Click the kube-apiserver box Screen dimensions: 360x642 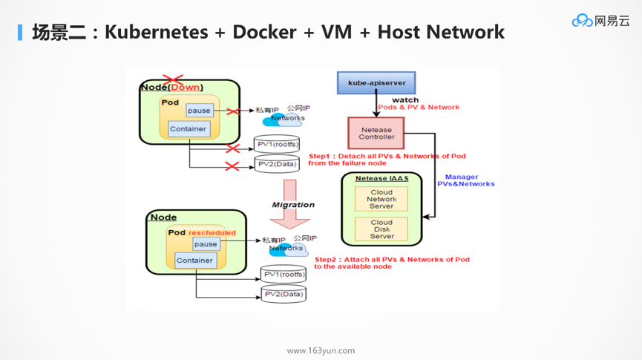376,82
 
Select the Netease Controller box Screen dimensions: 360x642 376,134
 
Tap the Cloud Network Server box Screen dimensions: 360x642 381,199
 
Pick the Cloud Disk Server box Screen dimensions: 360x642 381,229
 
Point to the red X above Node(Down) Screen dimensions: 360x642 173,79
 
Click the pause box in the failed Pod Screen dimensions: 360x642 199,111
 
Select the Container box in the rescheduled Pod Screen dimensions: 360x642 195,261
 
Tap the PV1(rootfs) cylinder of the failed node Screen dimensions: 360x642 277,144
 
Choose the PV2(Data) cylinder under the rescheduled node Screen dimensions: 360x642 283,294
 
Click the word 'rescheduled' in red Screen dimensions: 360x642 212,232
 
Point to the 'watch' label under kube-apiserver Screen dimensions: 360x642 405,99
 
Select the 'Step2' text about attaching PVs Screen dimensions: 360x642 391,263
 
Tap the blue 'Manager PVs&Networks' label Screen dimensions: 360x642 465,180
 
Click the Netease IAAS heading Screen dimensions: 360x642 381,178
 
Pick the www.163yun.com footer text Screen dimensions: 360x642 321,350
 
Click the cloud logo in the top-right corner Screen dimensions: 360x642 582,21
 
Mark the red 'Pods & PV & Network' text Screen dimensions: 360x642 419,108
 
